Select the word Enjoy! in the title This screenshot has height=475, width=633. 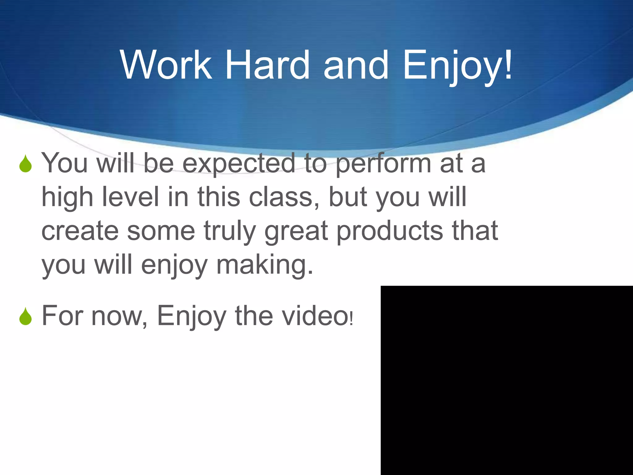tap(458, 66)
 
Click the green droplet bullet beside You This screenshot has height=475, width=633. tap(25, 164)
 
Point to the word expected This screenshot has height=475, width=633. tap(239, 164)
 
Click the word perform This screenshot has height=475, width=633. tap(383, 164)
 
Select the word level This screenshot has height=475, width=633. tap(130, 197)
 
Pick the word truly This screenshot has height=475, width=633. tap(229, 231)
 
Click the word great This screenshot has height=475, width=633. tap(296, 231)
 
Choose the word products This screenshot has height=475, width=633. tap(389, 231)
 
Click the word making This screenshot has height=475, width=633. tap(264, 265)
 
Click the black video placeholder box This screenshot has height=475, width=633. tap(507, 380)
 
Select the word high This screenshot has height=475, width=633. tap(67, 198)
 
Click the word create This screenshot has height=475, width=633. tap(80, 231)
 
